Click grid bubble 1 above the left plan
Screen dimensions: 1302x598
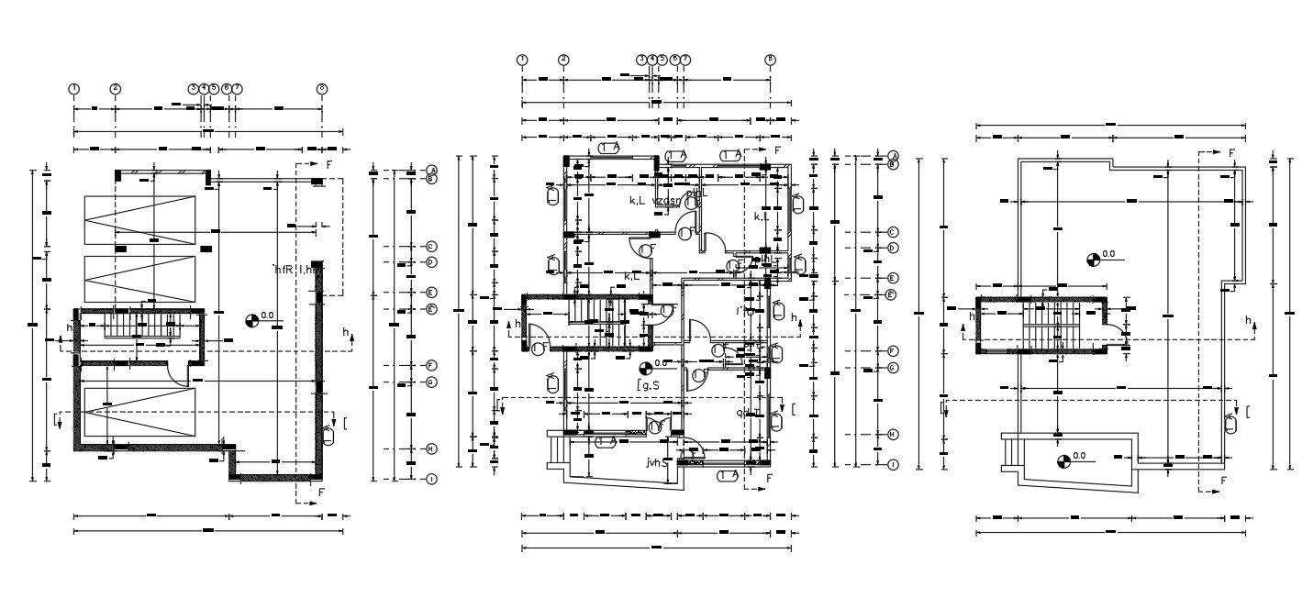coord(74,89)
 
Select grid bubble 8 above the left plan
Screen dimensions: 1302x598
coord(322,89)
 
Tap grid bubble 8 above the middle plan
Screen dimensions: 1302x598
coord(770,60)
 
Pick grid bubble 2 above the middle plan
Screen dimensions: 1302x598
coord(563,60)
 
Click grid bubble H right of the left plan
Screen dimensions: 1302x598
coord(430,448)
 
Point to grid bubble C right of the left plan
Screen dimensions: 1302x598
coord(430,247)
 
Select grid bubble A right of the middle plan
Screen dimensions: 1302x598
coord(893,156)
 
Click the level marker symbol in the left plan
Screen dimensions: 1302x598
coord(252,320)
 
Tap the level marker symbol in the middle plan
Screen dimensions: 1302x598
coord(647,368)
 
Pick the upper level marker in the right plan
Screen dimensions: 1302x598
coord(1093,259)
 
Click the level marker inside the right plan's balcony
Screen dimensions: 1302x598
coord(1063,460)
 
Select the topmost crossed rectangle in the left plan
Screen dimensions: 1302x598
coord(139,220)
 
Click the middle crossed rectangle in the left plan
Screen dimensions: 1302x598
coord(139,279)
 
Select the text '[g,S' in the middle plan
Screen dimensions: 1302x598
coord(649,387)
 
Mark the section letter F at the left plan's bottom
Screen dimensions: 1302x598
coord(321,493)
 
